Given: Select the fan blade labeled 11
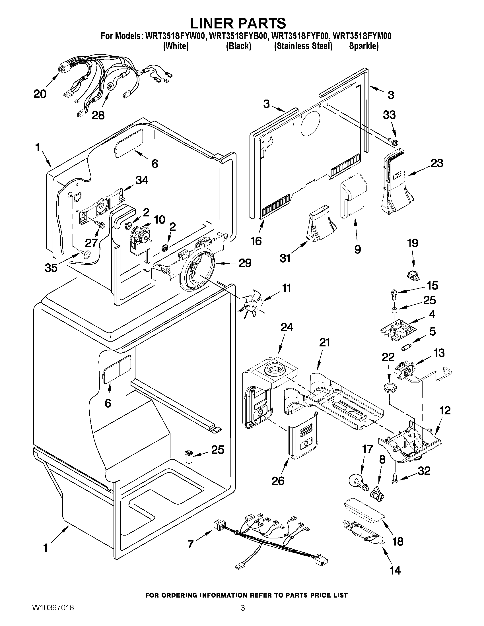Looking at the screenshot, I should tap(250, 305).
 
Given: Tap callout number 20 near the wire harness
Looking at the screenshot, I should tap(40, 94).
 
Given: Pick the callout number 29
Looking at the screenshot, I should tap(245, 263).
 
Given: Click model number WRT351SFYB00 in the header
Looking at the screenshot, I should tap(238, 36).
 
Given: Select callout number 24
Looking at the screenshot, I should tap(287, 327).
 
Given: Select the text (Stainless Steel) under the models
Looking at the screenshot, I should tap(303, 46).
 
